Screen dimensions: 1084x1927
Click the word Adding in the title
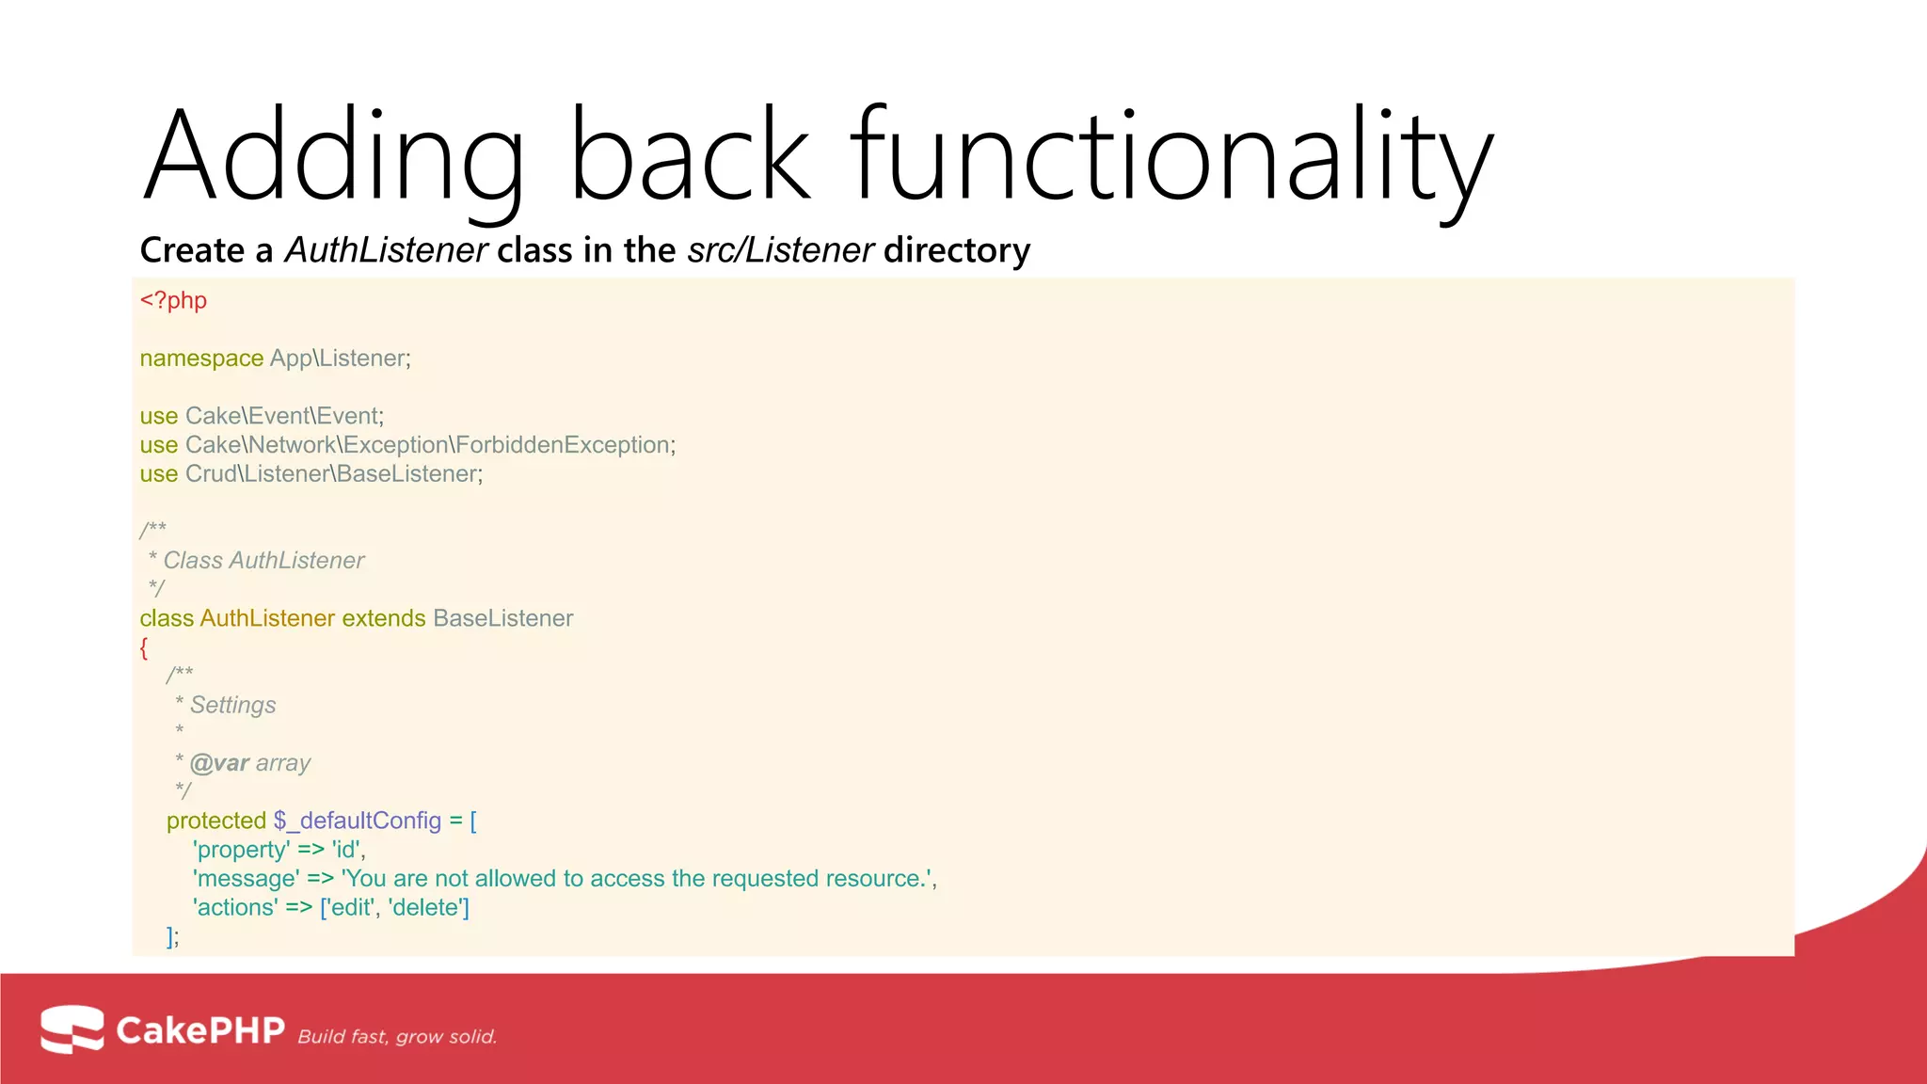pos(331,155)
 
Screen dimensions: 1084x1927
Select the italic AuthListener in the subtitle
pos(386,250)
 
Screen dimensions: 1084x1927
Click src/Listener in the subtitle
pos(780,250)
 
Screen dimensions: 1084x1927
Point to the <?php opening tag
pos(173,300)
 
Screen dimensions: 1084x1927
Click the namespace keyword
pos(201,359)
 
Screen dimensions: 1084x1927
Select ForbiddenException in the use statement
pos(563,445)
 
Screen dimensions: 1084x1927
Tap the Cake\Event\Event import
pos(282,416)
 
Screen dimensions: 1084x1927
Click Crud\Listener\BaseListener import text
pos(333,474)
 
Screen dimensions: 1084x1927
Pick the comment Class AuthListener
pos(263,561)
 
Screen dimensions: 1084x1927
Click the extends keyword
pos(384,618)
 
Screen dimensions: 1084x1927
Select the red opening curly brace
pos(144,647)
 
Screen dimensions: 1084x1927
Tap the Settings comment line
pos(232,706)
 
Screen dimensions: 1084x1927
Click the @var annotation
pos(219,763)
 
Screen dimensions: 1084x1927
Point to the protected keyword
pos(216,821)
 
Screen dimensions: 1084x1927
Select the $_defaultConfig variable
pos(358,821)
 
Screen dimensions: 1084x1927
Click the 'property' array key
pos(241,850)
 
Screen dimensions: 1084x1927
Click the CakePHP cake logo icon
pos(72,1028)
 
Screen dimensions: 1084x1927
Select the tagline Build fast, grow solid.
pos(397,1037)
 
